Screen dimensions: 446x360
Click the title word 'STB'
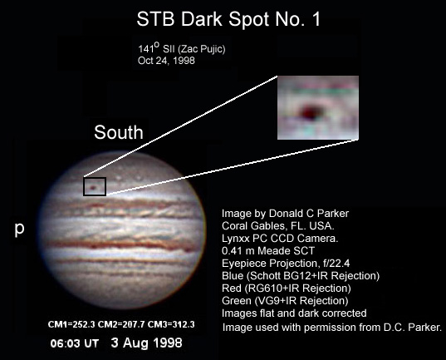click(x=155, y=19)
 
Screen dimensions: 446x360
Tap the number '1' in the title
click(x=316, y=19)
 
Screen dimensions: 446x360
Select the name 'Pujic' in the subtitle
click(x=212, y=49)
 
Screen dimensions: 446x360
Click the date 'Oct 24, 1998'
click(x=166, y=61)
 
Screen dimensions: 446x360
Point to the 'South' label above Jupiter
click(x=119, y=132)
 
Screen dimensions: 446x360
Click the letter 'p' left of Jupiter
click(x=19, y=229)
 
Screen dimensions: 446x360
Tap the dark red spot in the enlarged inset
click(x=310, y=111)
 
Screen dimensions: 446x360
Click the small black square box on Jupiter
click(x=95, y=177)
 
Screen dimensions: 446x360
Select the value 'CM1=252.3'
click(x=71, y=324)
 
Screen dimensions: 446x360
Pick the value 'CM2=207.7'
click(x=121, y=324)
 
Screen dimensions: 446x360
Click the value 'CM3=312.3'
click(x=171, y=324)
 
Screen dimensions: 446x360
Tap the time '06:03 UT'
click(x=75, y=343)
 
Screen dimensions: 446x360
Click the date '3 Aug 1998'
click(x=146, y=343)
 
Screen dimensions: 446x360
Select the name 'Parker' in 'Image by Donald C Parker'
click(x=333, y=214)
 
